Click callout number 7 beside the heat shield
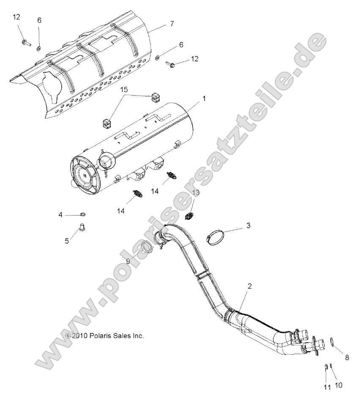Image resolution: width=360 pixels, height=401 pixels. pos(172,24)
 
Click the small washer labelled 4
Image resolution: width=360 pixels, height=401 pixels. pos(83,215)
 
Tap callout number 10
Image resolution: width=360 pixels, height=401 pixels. pos(338,385)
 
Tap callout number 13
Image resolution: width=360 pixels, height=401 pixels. pos(196,192)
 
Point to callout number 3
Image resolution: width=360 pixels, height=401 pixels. pos(248,226)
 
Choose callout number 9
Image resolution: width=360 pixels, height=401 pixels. pos(128,261)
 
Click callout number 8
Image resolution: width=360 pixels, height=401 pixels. pos(347,357)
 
